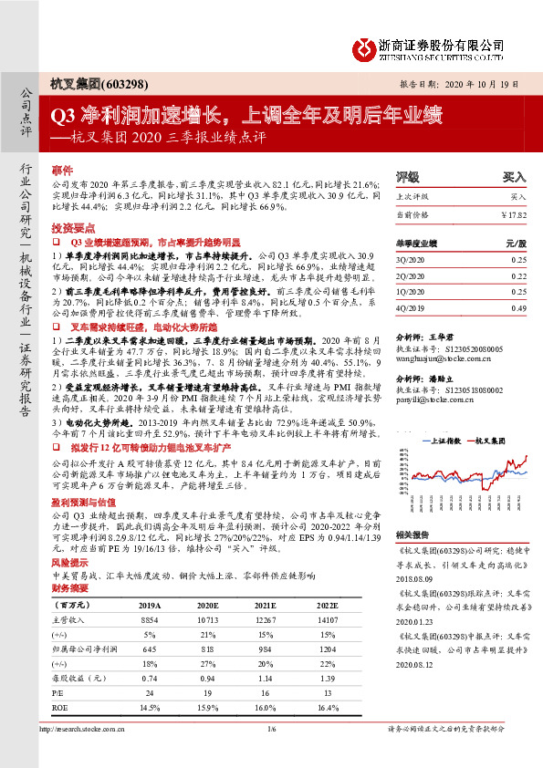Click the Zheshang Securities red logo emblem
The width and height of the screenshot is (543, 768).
pos(365,46)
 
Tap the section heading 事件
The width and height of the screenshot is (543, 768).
pos(62,171)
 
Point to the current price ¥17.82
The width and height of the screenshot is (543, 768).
pos(513,214)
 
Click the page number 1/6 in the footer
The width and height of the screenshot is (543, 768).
pos(271,754)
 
